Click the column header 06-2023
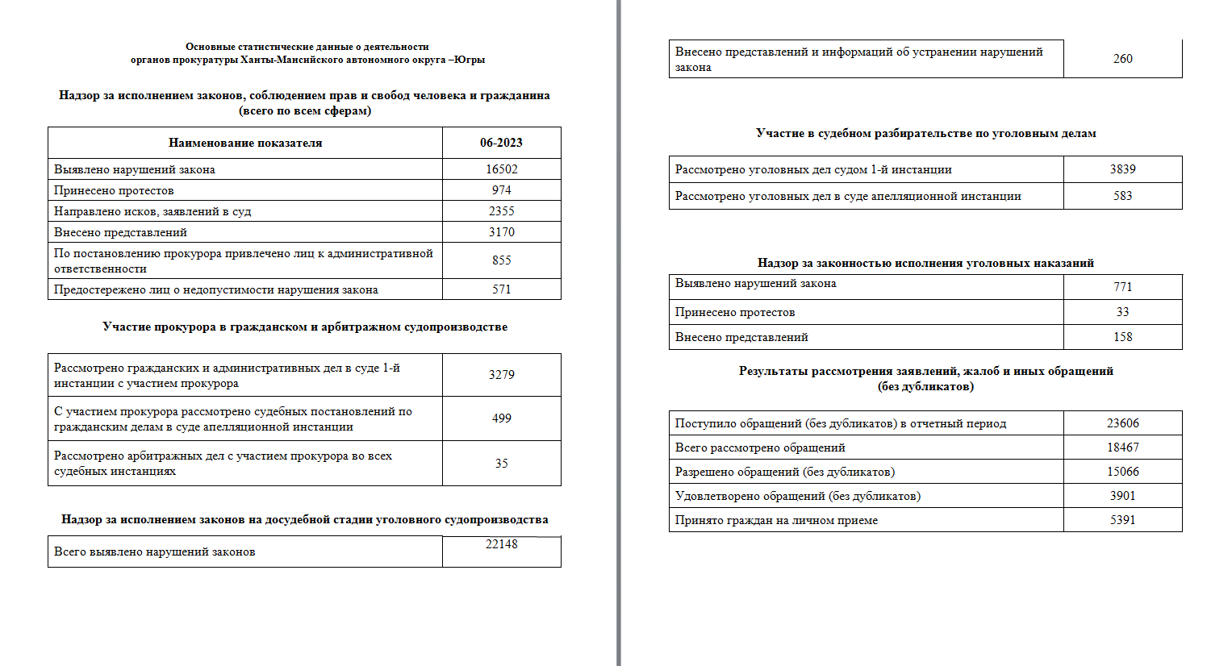click(501, 143)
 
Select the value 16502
click(501, 169)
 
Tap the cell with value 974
click(501, 190)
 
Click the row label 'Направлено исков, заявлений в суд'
click(152, 211)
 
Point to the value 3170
click(501, 232)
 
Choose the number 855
click(501, 260)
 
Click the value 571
click(501, 289)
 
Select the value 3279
click(501, 375)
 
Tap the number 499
click(501, 418)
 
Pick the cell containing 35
click(501, 464)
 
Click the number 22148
click(501, 544)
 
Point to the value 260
click(1122, 59)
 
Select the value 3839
click(1122, 169)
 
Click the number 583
click(1122, 196)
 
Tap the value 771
click(1122, 287)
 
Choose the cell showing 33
click(1122, 312)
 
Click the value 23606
click(1122, 423)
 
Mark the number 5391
click(1122, 520)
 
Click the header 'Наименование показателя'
click(245, 143)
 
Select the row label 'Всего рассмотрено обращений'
click(760, 447)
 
